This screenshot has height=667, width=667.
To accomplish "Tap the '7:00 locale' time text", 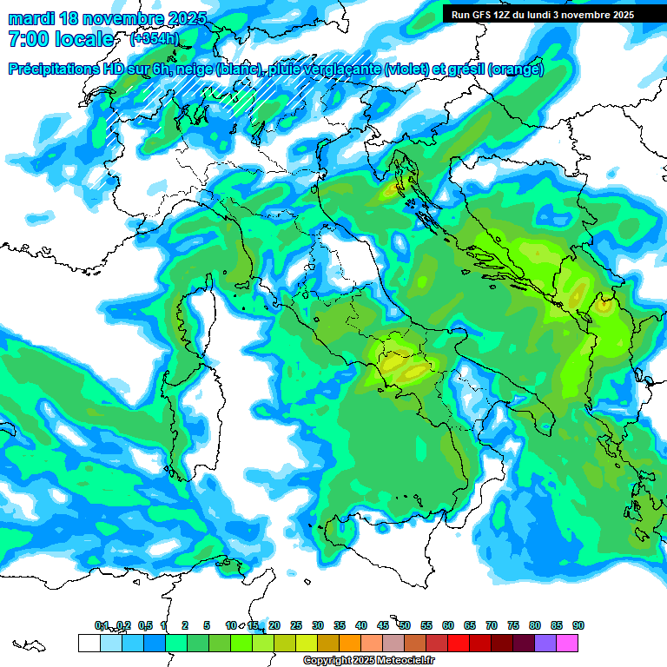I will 61,39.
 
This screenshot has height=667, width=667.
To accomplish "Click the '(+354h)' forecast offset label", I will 155,39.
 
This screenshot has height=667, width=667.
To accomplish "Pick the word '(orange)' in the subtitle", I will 516,69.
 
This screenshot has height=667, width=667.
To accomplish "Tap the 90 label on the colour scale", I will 578,625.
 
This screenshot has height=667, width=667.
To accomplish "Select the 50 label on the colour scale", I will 405,625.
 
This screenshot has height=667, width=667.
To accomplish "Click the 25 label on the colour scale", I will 296,625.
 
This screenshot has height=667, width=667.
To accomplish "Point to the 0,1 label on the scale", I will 102,625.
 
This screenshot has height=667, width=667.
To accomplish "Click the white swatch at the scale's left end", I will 89,643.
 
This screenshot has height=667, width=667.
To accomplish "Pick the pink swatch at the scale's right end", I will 567,643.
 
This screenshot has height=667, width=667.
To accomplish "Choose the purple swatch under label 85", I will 545,643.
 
